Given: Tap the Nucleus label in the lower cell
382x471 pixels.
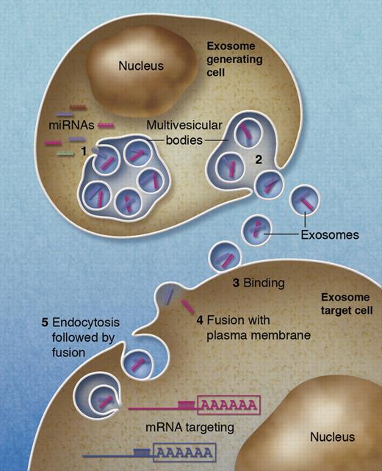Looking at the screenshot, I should pos(331,437).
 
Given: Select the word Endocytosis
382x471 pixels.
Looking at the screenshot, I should pos(85,323).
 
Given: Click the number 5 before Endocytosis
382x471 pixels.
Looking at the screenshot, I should pos(45,323).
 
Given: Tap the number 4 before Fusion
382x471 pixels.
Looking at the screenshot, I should pos(199,320).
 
